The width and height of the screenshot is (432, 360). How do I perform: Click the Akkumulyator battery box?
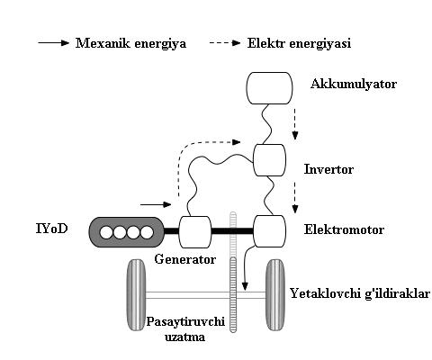[269, 88]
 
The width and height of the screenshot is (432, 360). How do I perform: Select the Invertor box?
[269, 160]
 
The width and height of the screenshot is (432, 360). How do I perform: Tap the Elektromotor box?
[269, 231]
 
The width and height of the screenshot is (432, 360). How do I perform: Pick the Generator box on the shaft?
[195, 232]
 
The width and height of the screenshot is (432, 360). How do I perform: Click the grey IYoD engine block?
[127, 232]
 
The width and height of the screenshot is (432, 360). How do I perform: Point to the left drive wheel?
[136, 295]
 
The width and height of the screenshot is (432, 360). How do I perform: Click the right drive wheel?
[275, 295]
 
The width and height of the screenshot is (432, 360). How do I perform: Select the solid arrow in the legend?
[54, 43]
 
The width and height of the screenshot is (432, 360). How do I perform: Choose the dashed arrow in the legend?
[225, 43]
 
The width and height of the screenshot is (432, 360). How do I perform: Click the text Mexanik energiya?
[130, 43]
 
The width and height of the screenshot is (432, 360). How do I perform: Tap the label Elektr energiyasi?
[299, 43]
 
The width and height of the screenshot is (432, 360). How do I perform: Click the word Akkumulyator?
[354, 84]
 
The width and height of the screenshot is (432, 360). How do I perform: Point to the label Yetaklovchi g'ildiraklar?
[360, 293]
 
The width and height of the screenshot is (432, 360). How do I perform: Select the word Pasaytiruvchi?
[185, 321]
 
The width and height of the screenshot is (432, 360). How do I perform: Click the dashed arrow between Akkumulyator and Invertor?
[295, 124]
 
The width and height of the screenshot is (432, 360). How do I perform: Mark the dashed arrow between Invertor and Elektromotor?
[295, 197]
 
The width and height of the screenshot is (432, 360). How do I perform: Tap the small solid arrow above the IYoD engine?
[156, 204]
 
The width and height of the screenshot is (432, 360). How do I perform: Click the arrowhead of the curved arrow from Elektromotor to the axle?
[245, 286]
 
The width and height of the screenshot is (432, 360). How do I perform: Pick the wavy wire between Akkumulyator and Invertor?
[266, 124]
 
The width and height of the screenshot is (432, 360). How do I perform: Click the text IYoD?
[52, 229]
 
